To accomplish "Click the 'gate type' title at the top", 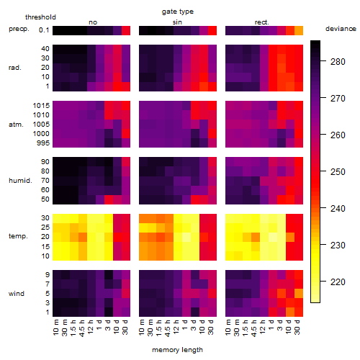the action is (x=178, y=12).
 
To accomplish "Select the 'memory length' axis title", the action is (x=178, y=350).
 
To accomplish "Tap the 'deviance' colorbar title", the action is (x=341, y=29).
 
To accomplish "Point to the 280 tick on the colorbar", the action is (x=338, y=62).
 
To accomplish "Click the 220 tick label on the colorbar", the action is (x=338, y=282).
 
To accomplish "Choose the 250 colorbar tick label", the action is (x=338, y=172).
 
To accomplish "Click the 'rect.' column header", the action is (x=262, y=22).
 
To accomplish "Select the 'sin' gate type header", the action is (x=177, y=22).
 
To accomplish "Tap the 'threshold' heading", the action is (x=40, y=17).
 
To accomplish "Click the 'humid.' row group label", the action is (x=20, y=181).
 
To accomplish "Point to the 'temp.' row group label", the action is (x=18, y=236).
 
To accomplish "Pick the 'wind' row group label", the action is (x=17, y=294).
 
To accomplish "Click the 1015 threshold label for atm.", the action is (x=41, y=106).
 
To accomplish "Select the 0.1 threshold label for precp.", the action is (x=44, y=30).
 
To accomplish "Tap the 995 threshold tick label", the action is (x=43, y=143).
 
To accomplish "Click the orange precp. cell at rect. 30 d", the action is (x=299, y=30).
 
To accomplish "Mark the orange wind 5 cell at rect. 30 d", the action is (x=299, y=294).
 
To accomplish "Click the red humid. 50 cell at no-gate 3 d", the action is (x=109, y=199).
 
